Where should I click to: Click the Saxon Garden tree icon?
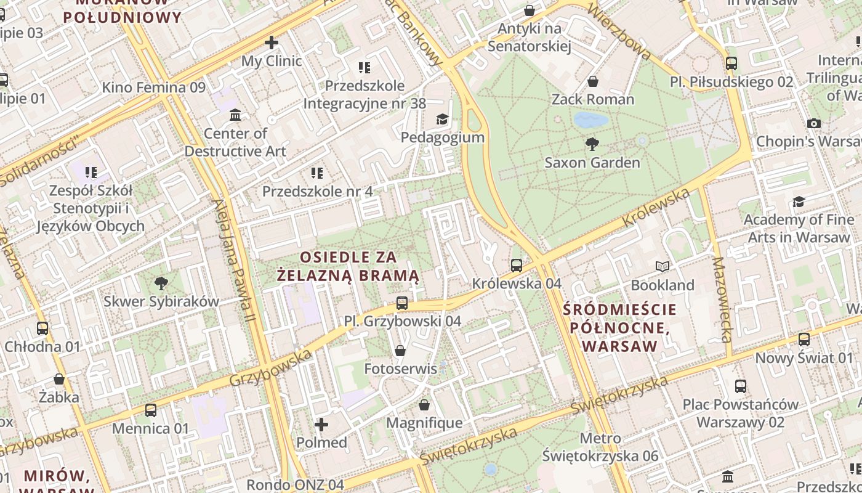(592, 144)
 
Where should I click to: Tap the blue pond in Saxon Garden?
(590, 120)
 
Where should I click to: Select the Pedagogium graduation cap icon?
(442, 118)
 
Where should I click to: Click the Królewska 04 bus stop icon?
(517, 266)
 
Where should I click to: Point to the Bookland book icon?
(663, 267)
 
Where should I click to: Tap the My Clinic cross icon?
(272, 43)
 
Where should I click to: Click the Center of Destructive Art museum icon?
(235, 115)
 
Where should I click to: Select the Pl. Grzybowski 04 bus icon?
(402, 303)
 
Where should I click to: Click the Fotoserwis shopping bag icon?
(400, 351)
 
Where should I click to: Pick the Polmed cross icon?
(321, 425)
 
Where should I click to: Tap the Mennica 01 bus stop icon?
(151, 410)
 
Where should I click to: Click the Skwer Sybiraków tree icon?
(161, 283)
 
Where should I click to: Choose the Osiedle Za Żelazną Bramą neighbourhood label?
(348, 266)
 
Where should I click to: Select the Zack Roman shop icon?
(593, 81)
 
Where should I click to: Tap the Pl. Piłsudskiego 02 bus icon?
(731, 63)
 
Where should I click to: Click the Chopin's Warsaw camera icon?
(814, 123)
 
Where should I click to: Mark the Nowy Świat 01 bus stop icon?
(804, 340)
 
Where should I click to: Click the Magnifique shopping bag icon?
(424, 405)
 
